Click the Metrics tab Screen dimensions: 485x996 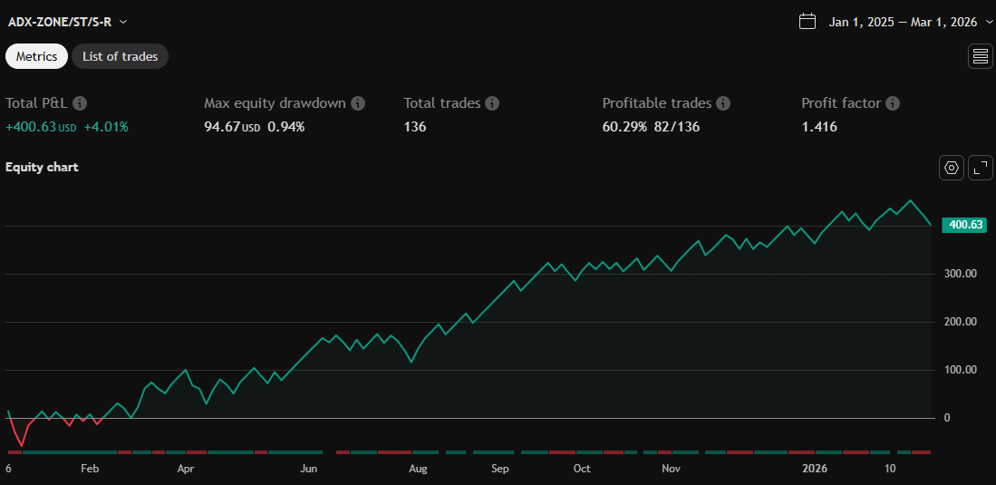(36, 56)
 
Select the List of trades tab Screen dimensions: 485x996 (120, 56)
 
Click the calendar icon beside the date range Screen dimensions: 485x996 (807, 22)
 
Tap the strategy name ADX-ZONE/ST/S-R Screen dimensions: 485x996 (60, 22)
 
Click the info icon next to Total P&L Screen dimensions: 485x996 (80, 103)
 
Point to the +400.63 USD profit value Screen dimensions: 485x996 (41, 127)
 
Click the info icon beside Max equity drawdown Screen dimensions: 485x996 (358, 103)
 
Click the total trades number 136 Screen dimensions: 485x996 (415, 127)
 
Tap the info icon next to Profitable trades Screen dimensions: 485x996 (723, 103)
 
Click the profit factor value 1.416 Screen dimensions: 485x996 (819, 127)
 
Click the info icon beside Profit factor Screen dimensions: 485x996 (893, 103)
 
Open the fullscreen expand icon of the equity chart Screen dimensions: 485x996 (981, 168)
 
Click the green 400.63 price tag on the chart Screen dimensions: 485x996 (964, 225)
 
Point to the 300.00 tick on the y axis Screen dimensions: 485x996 (959, 274)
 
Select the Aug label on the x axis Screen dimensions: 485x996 (418, 469)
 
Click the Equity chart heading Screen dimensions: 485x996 (42, 167)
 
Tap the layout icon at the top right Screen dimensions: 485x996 (981, 56)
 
